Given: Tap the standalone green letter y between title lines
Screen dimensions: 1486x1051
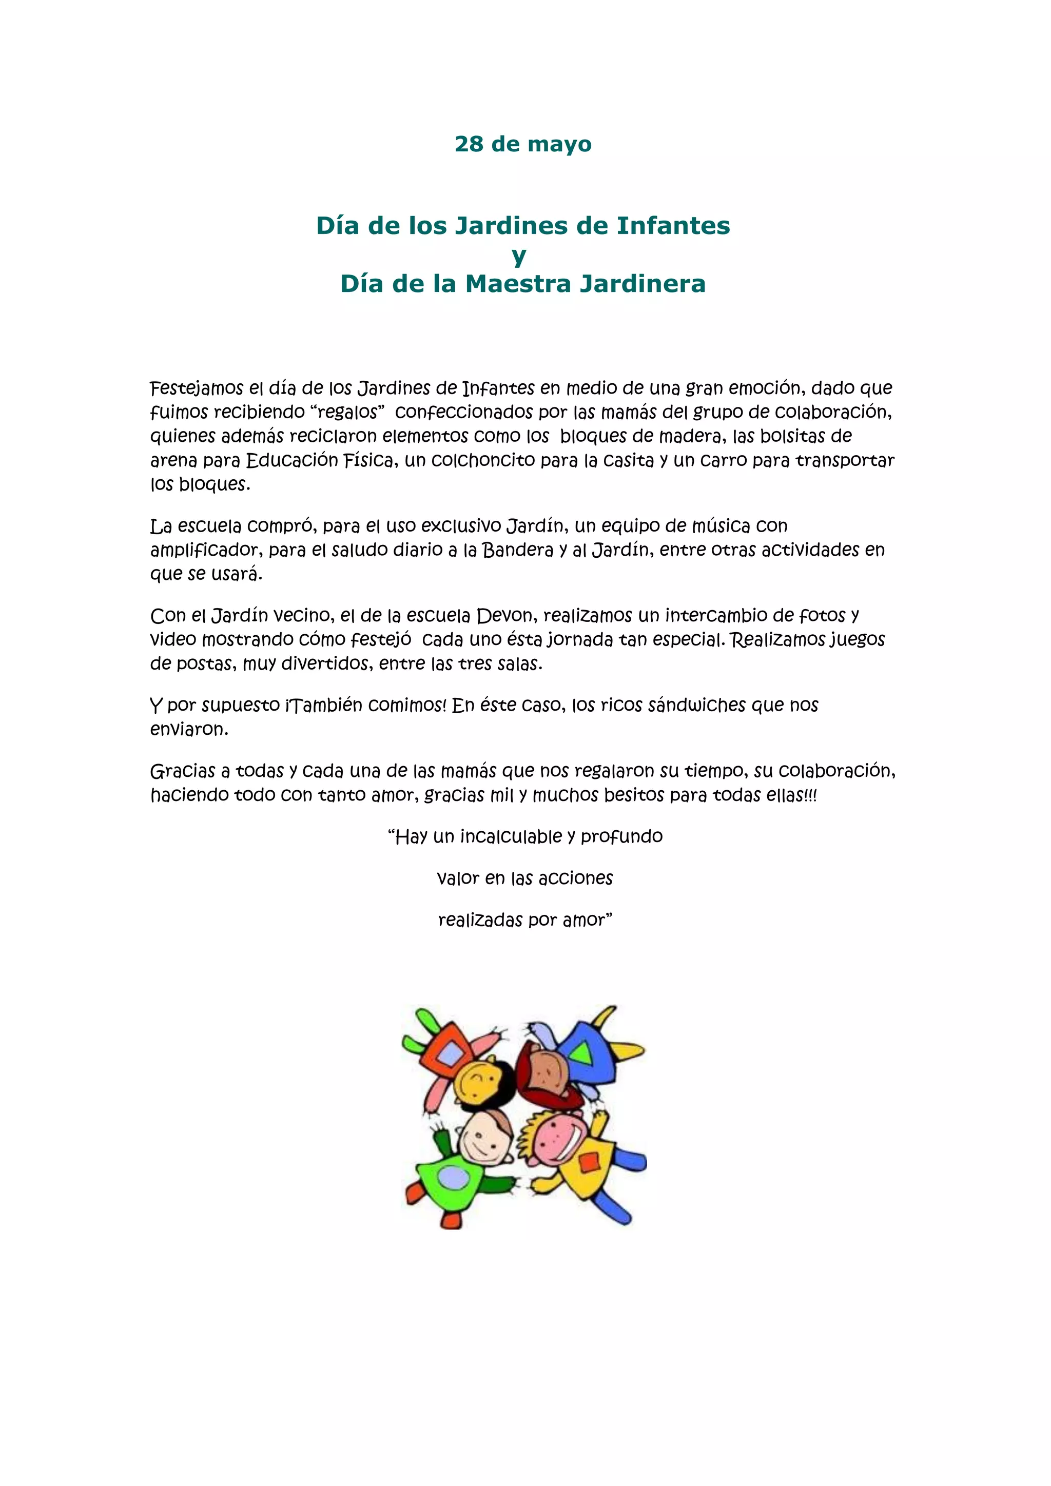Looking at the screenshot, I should pyautogui.click(x=518, y=256).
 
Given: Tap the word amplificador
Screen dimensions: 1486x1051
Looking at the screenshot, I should pyautogui.click(x=205, y=550).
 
